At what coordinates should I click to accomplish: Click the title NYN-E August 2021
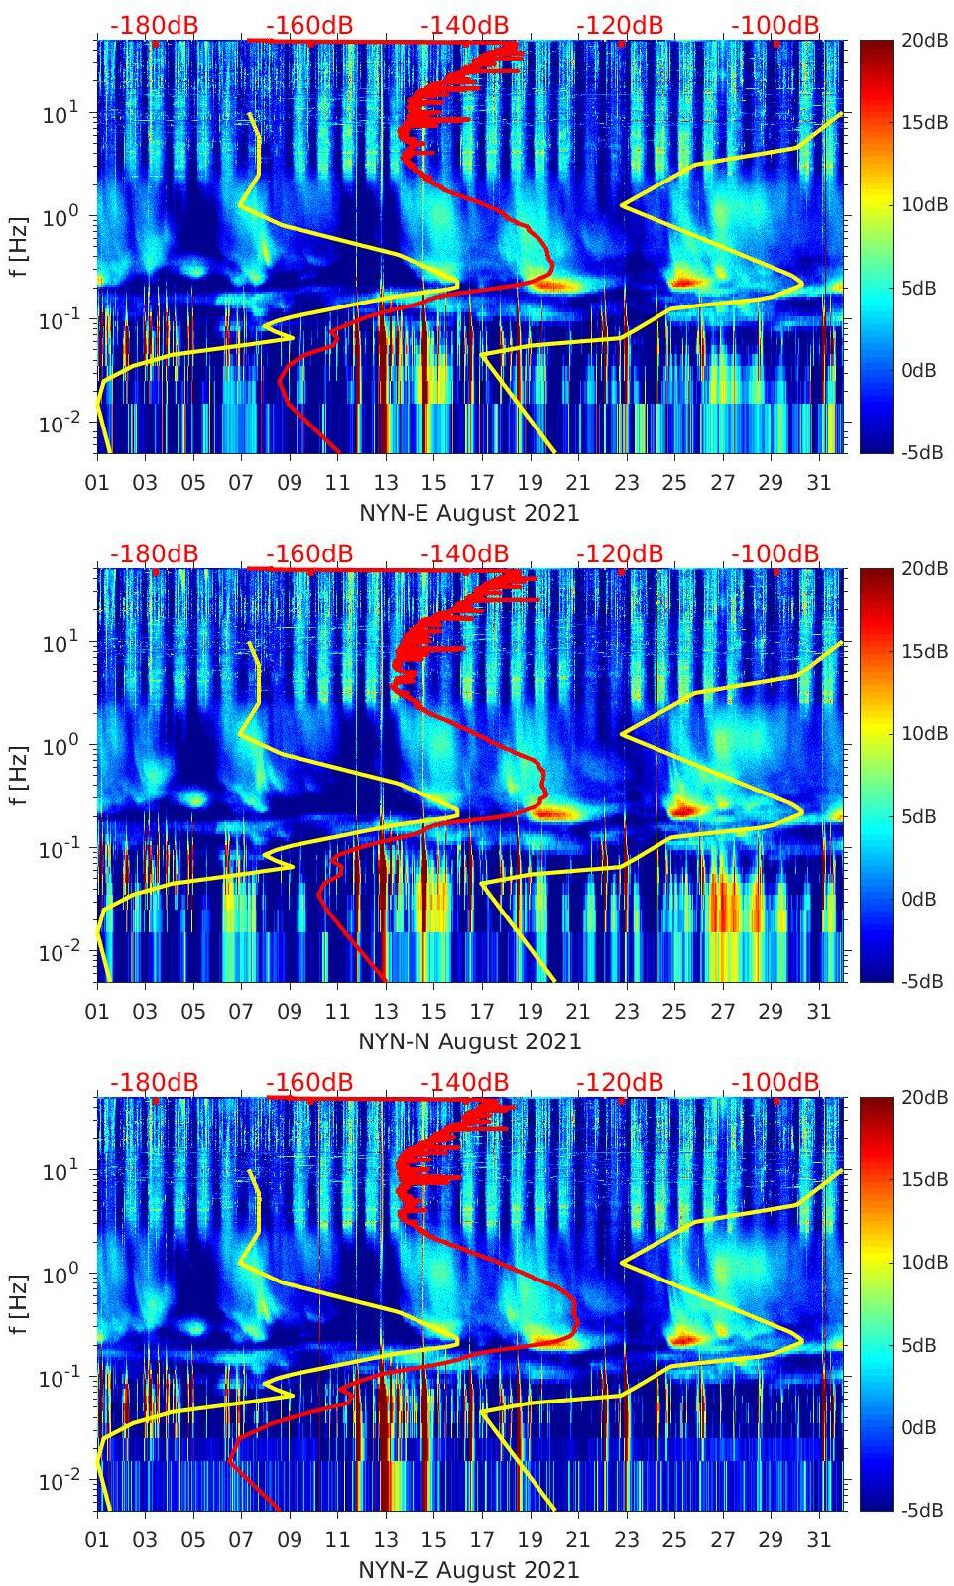tap(469, 513)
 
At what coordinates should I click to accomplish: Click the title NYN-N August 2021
tap(469, 1041)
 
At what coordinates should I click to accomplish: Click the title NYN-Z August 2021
tap(469, 1570)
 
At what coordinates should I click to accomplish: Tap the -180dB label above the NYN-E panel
tap(154, 25)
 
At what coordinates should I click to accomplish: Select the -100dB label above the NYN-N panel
tap(775, 553)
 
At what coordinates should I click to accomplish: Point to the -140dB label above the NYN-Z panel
tap(464, 1082)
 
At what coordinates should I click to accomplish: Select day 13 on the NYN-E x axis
tap(386, 483)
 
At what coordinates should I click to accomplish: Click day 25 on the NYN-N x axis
tap(674, 1012)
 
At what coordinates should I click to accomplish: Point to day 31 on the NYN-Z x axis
tap(818, 1540)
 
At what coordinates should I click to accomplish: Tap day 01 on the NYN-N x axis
tap(97, 1012)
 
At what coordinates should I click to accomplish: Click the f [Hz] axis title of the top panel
tap(18, 246)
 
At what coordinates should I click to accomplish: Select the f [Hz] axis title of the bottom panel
tap(18, 1303)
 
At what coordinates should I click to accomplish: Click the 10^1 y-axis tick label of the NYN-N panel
tap(60, 643)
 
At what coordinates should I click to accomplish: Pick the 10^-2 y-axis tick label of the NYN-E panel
tap(59, 424)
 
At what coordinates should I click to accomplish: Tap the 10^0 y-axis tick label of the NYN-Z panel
tap(60, 1274)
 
